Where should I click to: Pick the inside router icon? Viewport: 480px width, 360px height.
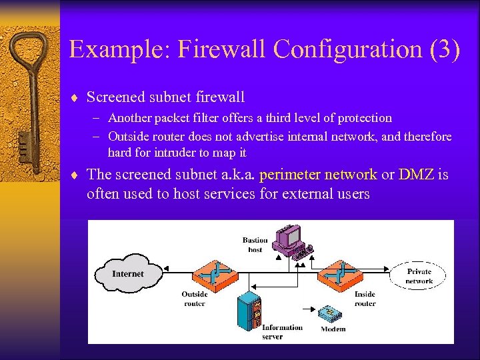339,273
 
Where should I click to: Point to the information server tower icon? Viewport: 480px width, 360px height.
249,314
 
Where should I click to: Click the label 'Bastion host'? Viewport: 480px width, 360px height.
255,245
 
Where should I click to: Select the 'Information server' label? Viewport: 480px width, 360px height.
282,332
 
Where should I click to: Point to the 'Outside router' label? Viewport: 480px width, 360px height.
195,299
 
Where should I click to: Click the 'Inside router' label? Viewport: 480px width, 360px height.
365,299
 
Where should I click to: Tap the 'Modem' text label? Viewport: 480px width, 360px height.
333,329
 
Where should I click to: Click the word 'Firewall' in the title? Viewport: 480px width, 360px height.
217,49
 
